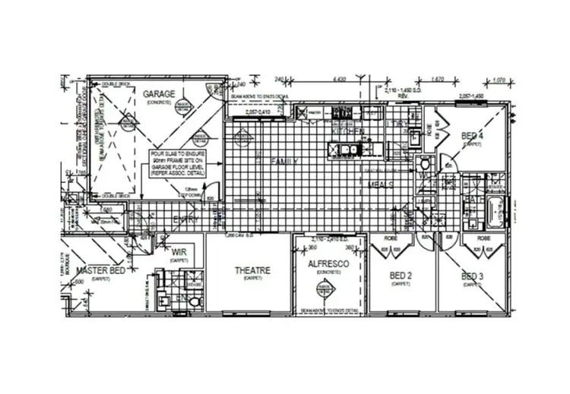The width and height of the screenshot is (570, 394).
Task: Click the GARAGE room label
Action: (159, 94)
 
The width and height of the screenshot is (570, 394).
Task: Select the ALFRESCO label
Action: (328, 263)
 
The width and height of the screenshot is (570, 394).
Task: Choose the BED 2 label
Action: (401, 276)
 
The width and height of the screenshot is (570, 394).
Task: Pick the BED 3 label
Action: (470, 276)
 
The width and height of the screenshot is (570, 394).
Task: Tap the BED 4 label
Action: (472, 136)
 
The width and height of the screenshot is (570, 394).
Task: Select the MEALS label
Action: (381, 184)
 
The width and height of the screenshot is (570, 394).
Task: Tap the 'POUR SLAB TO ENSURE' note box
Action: (179, 163)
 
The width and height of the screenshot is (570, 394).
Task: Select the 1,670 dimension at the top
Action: (436, 78)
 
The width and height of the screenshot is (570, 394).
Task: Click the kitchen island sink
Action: (346, 149)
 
